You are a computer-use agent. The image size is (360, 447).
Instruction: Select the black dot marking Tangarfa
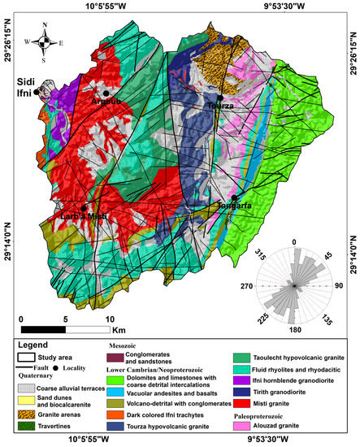[234, 197]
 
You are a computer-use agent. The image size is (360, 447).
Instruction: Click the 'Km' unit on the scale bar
[119, 331]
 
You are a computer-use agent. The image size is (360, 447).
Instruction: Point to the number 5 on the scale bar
[65, 319]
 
